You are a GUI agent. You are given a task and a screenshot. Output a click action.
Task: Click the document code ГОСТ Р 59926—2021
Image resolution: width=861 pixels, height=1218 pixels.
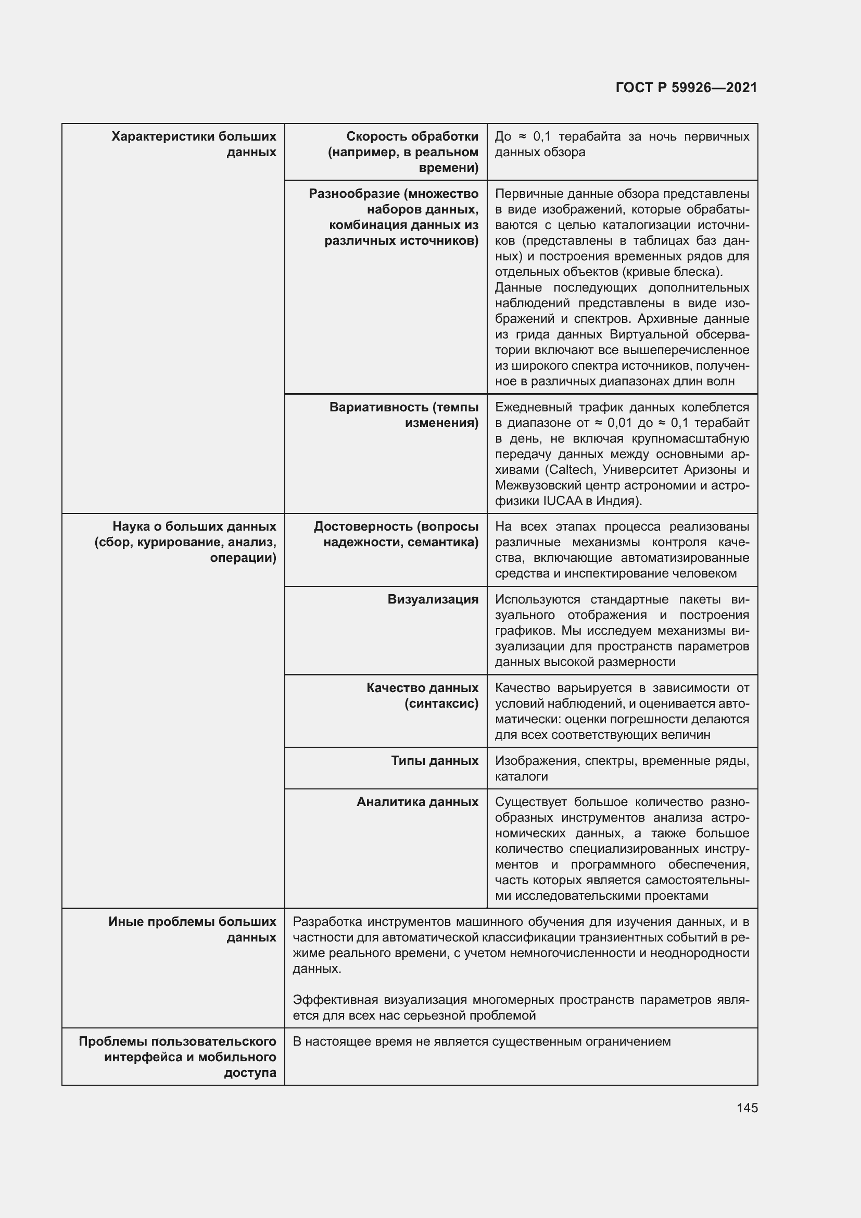(x=686, y=88)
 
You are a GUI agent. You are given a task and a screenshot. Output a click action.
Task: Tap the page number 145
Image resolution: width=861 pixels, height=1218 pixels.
(x=747, y=1108)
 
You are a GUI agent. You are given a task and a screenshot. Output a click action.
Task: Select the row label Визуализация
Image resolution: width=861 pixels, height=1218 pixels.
(x=433, y=599)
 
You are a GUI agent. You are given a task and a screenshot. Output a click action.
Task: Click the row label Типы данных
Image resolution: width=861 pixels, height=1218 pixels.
(x=434, y=761)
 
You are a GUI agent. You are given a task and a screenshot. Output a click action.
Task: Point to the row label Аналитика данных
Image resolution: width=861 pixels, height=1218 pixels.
(x=417, y=802)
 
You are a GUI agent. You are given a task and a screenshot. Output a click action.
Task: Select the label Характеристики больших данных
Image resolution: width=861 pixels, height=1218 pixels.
(x=194, y=144)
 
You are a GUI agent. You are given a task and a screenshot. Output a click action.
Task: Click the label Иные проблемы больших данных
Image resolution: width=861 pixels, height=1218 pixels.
(x=193, y=930)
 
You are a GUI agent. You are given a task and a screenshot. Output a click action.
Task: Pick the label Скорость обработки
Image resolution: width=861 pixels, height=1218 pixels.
(x=412, y=137)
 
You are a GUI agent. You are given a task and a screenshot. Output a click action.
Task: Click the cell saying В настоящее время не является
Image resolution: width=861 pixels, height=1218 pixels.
(x=482, y=1042)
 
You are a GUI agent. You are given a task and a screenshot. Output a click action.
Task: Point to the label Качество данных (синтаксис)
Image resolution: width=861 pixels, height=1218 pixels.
(x=422, y=696)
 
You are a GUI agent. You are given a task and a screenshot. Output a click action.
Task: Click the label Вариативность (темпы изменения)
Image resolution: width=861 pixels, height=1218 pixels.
(x=403, y=415)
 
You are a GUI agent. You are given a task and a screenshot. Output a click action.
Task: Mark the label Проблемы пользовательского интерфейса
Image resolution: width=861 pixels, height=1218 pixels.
(x=177, y=1042)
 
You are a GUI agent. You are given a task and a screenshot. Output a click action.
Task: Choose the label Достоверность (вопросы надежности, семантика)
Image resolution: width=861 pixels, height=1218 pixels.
(x=396, y=534)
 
